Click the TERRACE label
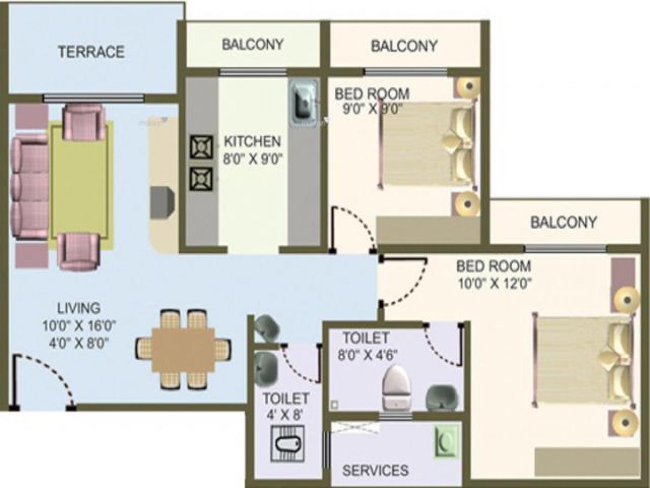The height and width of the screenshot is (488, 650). pos(91,52)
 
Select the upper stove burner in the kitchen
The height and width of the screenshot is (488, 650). pos(201,147)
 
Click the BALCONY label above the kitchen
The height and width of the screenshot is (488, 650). pos(252,44)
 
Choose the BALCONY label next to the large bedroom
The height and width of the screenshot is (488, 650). pos(563,222)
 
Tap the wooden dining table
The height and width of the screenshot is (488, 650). pos(183,349)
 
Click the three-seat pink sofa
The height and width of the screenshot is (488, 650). pos(30,188)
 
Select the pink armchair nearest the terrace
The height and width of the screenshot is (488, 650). pos(83,121)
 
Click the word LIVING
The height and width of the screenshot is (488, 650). pos(79,309)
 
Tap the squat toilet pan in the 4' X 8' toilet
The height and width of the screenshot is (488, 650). pos(287,443)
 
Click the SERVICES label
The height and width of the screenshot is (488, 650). pos(375,470)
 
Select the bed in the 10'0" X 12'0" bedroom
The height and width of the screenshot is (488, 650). pos(582,358)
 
